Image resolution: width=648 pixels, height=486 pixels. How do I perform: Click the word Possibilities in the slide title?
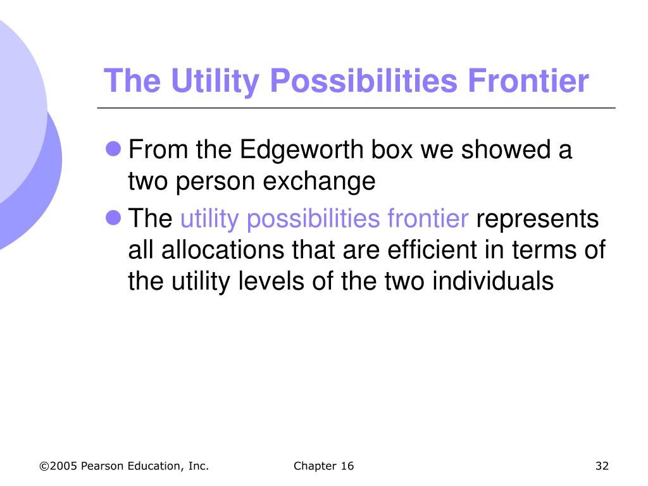pos(364,81)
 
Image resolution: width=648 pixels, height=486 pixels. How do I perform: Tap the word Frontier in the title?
pos(528,80)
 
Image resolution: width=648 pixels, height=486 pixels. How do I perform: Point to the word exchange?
pos(319,182)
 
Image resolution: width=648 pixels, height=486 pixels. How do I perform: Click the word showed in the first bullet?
pos(506,149)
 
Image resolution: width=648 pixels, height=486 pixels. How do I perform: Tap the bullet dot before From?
pos(113,148)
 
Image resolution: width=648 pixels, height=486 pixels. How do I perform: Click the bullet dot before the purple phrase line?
pos(113,218)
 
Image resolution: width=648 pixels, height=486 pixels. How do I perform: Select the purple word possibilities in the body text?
pos(313,219)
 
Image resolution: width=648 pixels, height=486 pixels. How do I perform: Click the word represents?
pos(537,219)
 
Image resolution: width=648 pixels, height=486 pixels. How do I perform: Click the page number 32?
pos(602,466)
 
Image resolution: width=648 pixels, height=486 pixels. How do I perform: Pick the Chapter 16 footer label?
pos(323,466)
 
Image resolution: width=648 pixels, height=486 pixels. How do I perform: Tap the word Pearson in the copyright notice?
pos(102,466)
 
